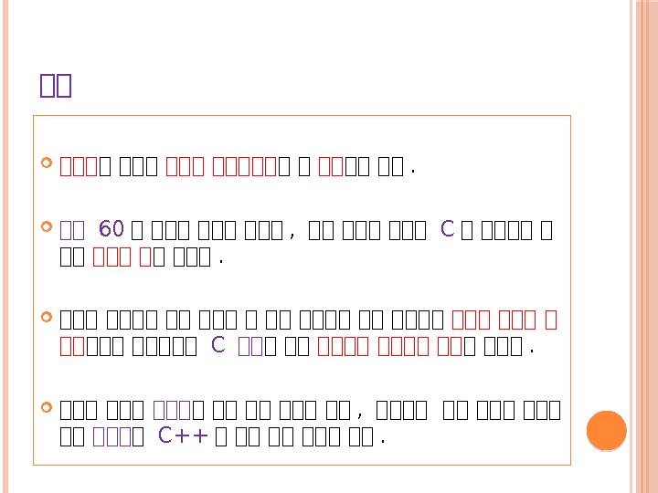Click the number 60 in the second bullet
111,228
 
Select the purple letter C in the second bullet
447,228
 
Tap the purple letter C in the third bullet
218,345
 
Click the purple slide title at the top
56,85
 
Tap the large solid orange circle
605,430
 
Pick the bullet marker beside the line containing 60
48,226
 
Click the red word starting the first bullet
79,168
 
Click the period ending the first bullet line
414,170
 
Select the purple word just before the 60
71,228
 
